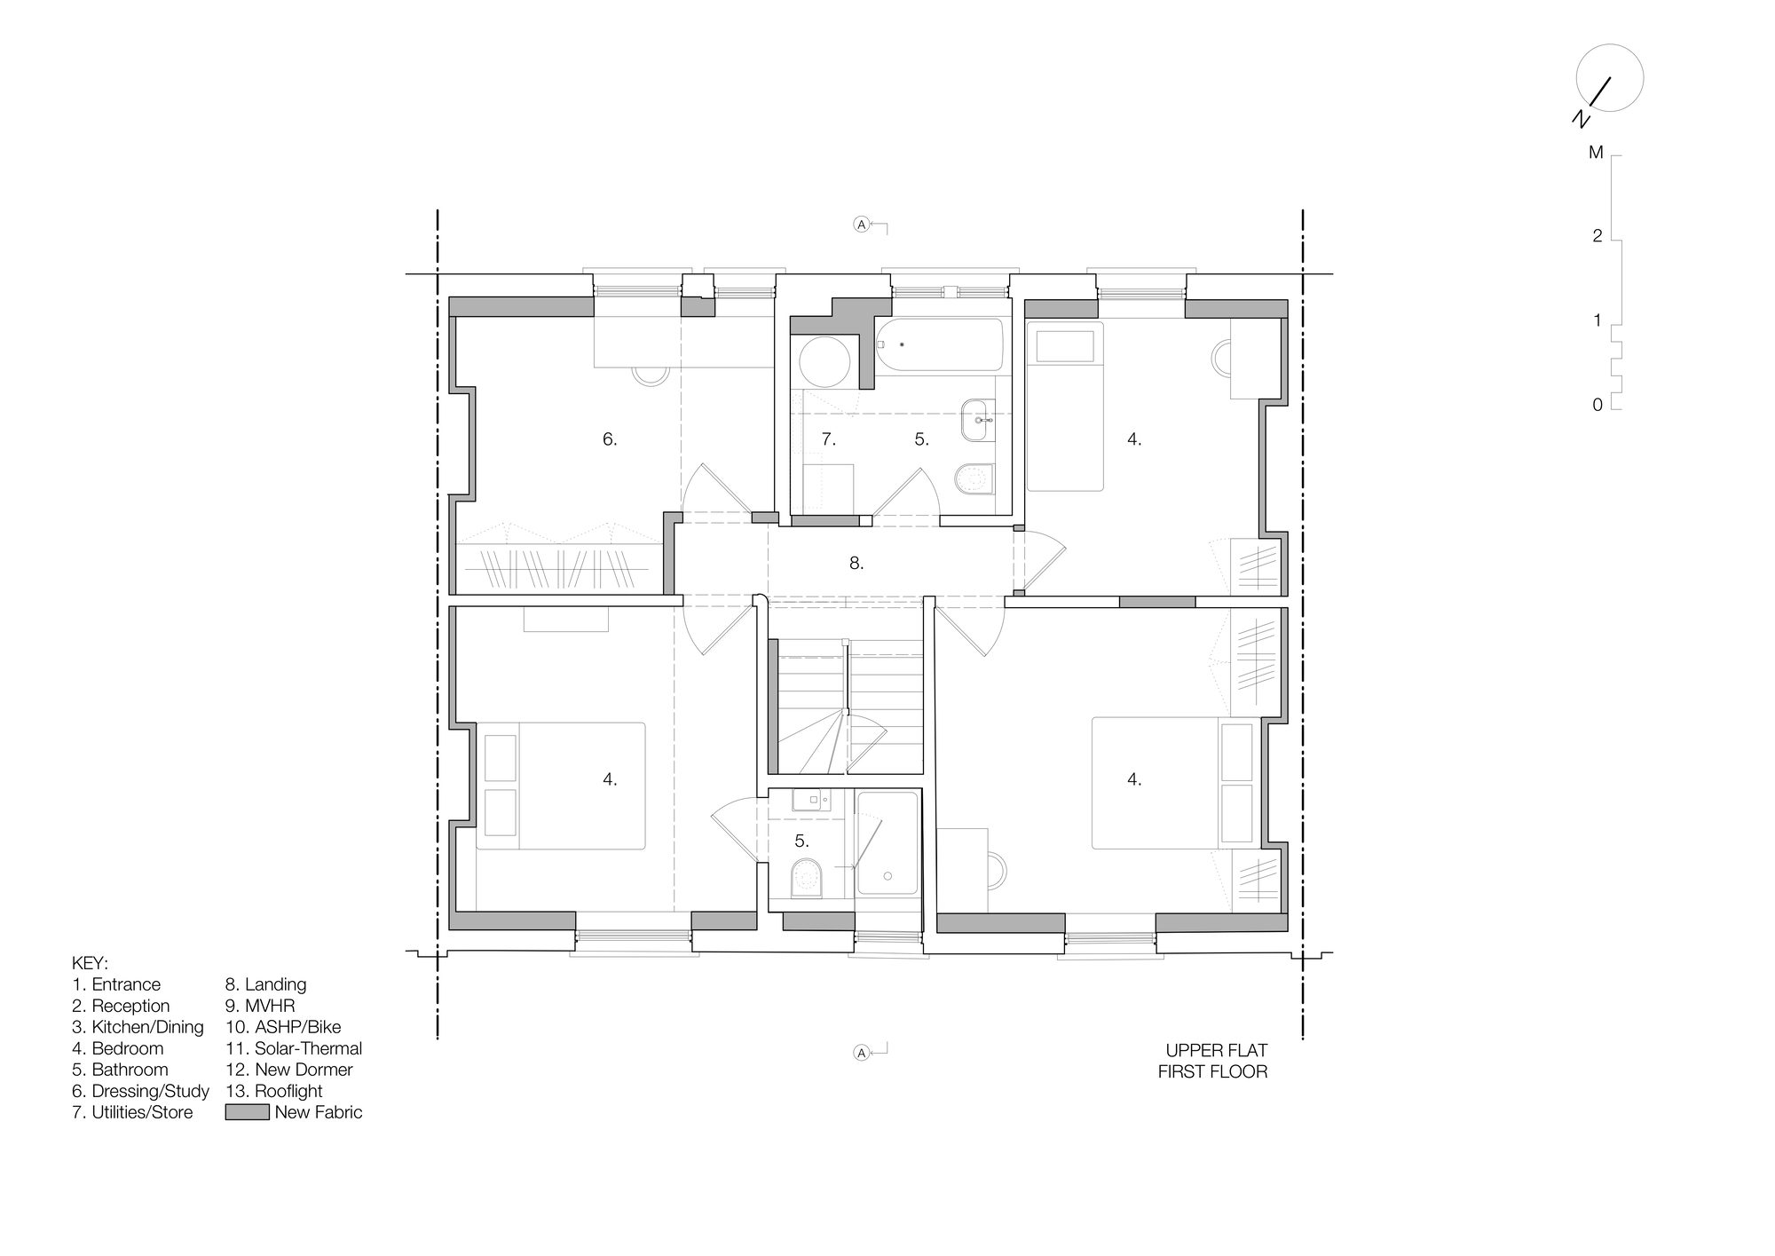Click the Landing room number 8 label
856,563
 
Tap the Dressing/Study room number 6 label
610,438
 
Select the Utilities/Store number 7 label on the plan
828,438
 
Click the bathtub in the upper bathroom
940,345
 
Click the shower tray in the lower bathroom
887,843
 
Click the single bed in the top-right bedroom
1065,407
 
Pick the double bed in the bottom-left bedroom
561,786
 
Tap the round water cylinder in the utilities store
825,362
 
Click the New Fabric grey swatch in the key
247,1112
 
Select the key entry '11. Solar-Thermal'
294,1048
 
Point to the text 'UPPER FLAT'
1217,1051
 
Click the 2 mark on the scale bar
1597,236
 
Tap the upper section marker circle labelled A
861,225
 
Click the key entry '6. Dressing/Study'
141,1091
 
